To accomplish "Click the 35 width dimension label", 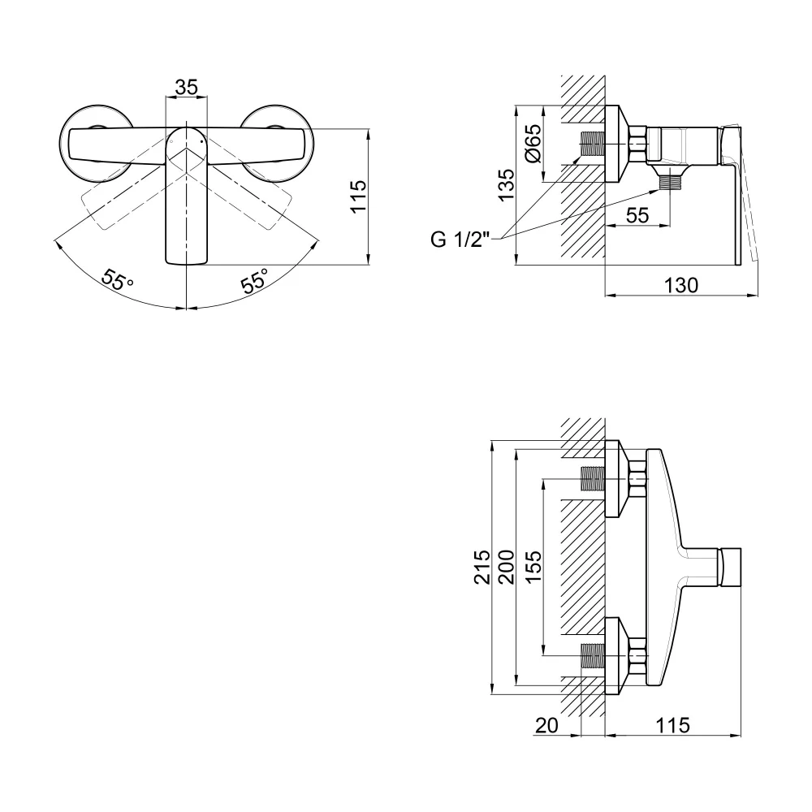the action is pyautogui.click(x=186, y=87).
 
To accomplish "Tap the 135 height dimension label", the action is pyautogui.click(x=506, y=185).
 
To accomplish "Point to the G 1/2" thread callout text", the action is pyautogui.click(x=460, y=240).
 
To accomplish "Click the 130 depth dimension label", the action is pyautogui.click(x=681, y=285).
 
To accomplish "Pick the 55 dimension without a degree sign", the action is pyautogui.click(x=637, y=215).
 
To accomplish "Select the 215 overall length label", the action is pyautogui.click(x=482, y=567).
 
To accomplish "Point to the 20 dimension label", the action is pyautogui.click(x=546, y=725).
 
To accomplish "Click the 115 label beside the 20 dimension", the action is pyautogui.click(x=672, y=725).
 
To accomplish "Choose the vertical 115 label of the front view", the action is pyautogui.click(x=358, y=197).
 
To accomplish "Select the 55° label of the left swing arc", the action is pyautogui.click(x=117, y=280).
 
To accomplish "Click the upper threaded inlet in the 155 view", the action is pyautogui.click(x=593, y=478).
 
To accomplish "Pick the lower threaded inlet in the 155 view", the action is pyautogui.click(x=593, y=655).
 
